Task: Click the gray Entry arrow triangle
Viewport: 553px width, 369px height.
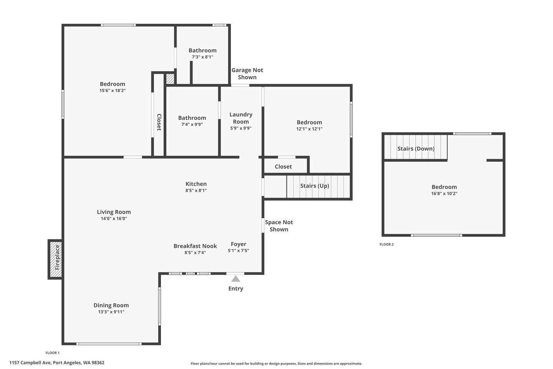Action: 235,279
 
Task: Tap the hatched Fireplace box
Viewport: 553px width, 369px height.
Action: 56,259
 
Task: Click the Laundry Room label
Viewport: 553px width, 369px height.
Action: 241,118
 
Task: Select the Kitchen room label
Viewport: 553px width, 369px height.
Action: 196,184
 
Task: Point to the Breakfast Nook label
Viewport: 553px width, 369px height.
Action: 195,246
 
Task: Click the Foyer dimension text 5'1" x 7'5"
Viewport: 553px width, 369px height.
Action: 238,250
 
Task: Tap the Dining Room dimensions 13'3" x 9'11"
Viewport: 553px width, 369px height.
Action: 111,312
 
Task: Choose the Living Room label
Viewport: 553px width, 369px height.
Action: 114,212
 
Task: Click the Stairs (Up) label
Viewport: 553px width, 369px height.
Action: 315,186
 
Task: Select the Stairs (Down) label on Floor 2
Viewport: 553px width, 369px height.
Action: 416,148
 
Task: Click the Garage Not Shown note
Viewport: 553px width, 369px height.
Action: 247,74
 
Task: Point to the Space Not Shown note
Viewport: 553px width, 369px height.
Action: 279,226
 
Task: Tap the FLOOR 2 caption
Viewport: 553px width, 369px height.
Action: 387,244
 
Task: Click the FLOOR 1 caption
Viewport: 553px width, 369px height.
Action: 52,353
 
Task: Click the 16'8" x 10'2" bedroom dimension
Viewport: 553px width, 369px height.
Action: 444,193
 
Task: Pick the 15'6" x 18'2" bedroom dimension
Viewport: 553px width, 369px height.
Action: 112,90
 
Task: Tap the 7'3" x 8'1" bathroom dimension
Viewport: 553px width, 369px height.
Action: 202,57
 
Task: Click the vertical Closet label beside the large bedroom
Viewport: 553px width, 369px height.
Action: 159,122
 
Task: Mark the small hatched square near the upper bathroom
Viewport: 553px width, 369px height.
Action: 170,79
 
